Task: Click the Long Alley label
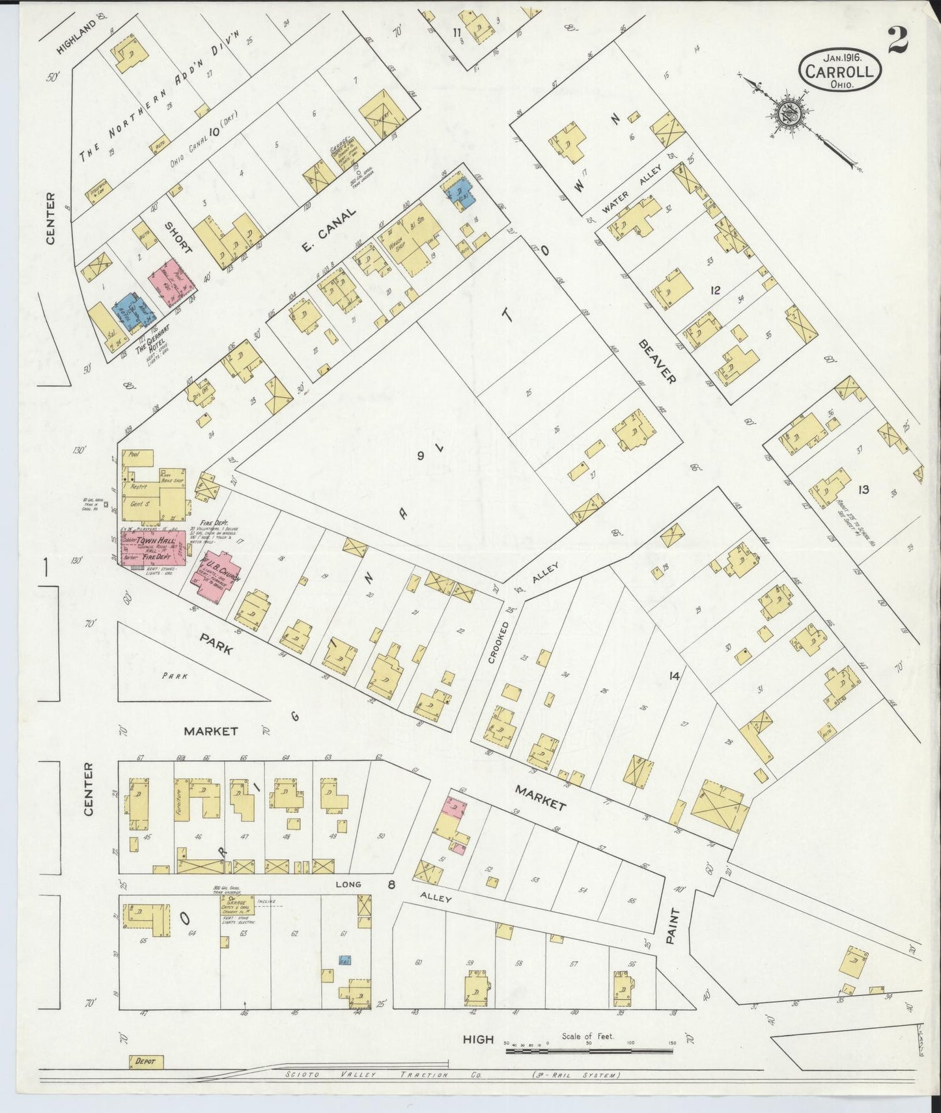[347, 885]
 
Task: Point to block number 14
[673, 676]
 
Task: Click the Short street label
[178, 238]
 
